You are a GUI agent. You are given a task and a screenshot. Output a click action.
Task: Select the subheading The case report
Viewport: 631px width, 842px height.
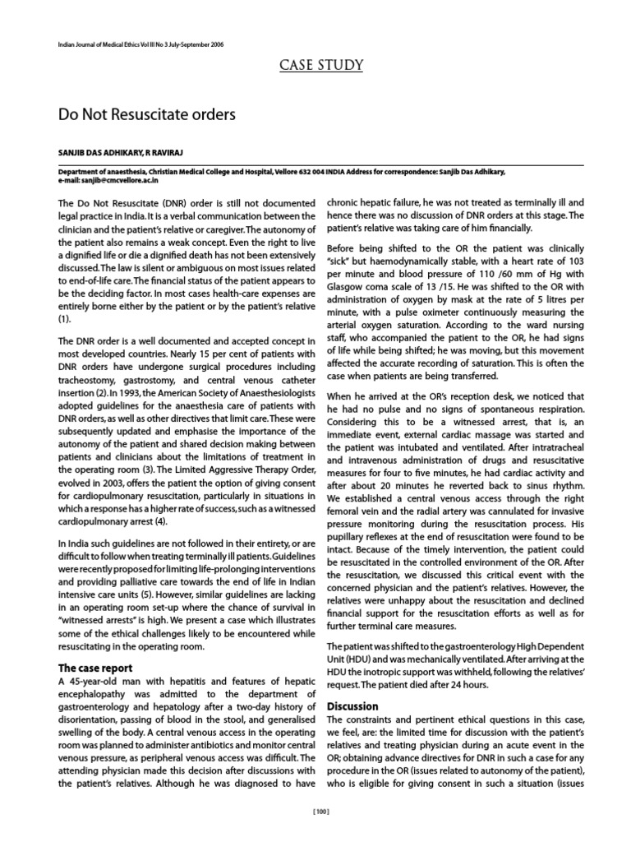click(x=95, y=669)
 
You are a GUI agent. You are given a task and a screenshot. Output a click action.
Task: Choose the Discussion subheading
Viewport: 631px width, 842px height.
click(x=352, y=706)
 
